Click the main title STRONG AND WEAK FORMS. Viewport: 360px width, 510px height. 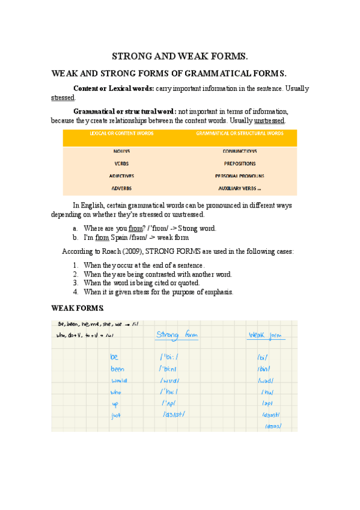180,57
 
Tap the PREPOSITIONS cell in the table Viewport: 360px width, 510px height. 239,164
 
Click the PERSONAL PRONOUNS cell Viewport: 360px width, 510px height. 239,176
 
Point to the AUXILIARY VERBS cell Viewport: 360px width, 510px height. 239,188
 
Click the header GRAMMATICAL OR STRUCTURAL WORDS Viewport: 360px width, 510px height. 240,134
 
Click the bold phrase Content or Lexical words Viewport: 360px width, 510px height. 113,89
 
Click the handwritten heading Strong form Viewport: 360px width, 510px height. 177,334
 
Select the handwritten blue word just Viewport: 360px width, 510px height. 117,414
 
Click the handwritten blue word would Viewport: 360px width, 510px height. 118,380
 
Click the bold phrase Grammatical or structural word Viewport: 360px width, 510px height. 124,111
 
